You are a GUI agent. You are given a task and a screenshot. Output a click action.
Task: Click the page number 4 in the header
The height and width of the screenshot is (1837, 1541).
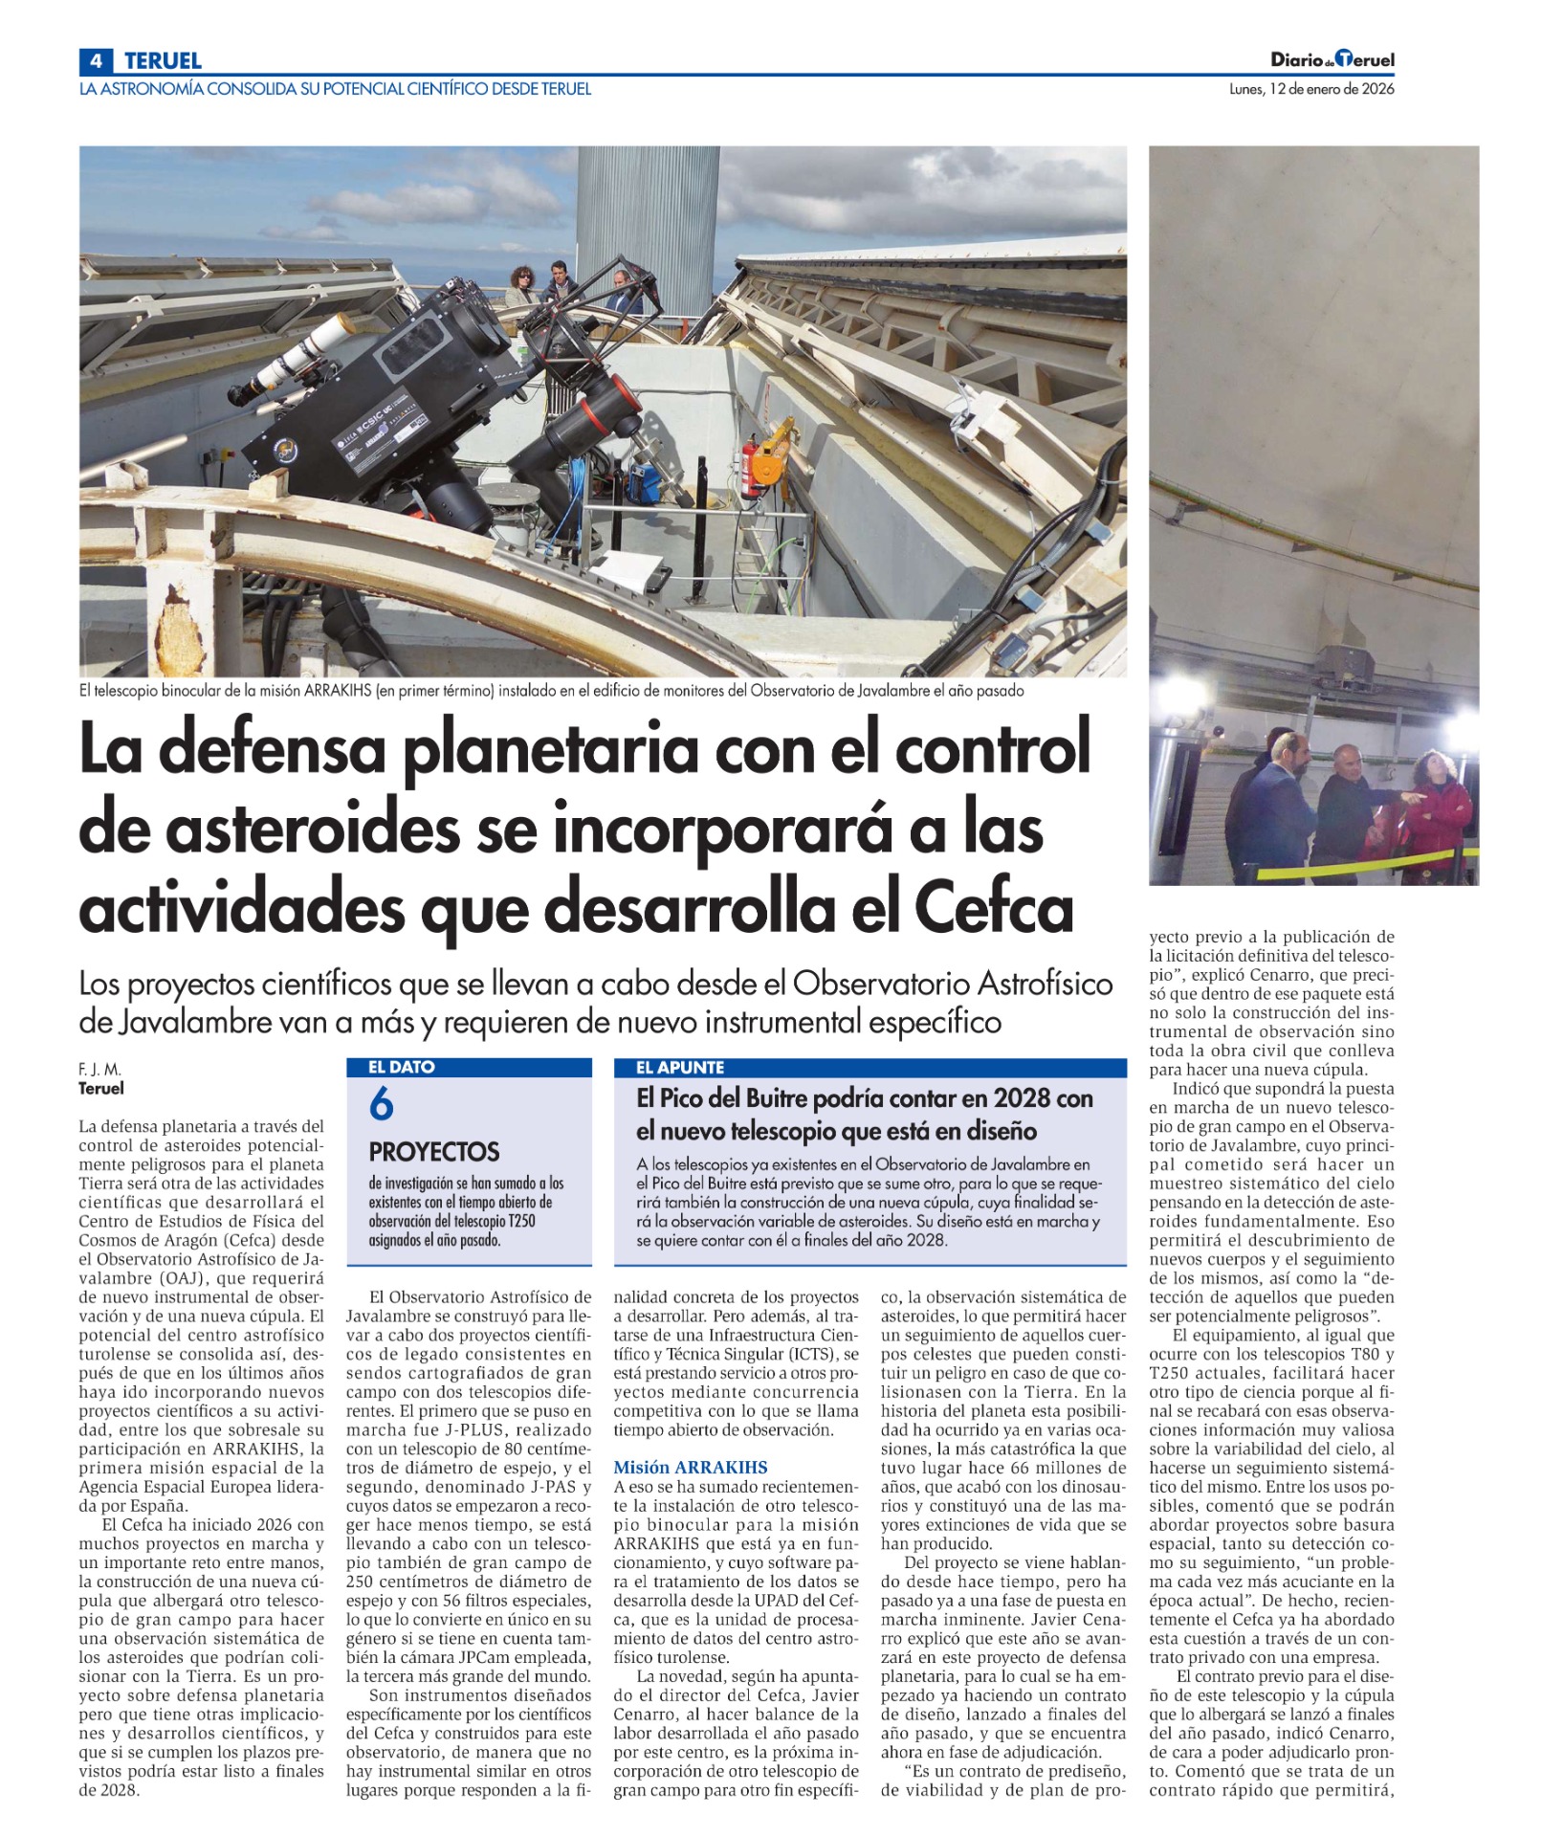[x=95, y=60]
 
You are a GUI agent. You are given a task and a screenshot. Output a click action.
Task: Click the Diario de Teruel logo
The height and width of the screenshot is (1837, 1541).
[x=1332, y=59]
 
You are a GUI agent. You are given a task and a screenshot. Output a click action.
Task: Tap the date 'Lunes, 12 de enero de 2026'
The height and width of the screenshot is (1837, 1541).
[x=1311, y=89]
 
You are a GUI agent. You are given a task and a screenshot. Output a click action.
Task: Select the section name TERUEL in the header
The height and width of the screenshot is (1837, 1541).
[x=163, y=60]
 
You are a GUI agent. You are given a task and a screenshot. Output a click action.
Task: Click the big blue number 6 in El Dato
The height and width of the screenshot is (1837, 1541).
[x=381, y=1105]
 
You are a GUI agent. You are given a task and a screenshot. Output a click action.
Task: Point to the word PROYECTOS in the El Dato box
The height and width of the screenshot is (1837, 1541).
[x=434, y=1151]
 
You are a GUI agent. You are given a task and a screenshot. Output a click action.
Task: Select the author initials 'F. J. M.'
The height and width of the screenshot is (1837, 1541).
[x=99, y=1069]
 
